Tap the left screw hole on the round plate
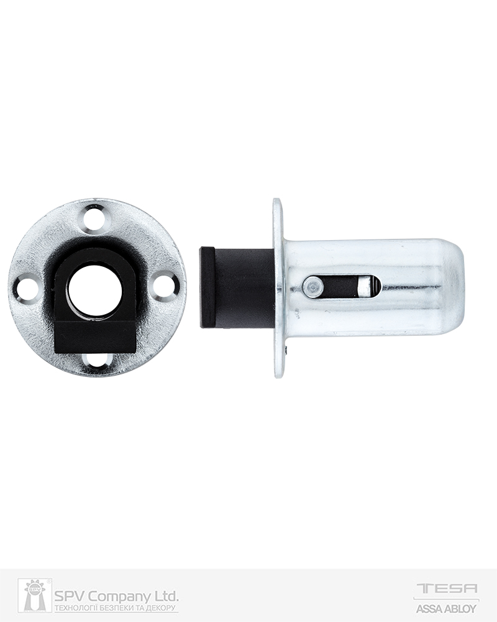point(26,289)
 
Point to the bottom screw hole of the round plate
point(98,359)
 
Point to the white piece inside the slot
point(363,286)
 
